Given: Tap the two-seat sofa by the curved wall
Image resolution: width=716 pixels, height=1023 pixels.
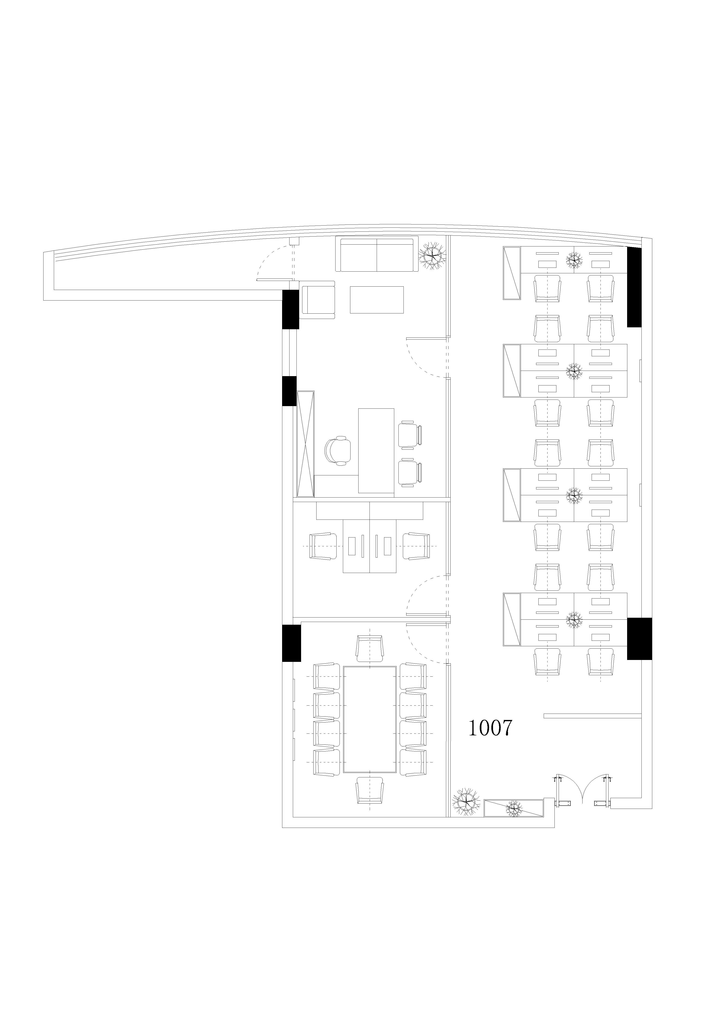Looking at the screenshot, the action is tap(377, 254).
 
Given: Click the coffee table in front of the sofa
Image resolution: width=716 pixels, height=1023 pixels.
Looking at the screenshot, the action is tap(377, 299).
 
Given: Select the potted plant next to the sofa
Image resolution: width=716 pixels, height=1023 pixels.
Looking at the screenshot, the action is tap(432, 256).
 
